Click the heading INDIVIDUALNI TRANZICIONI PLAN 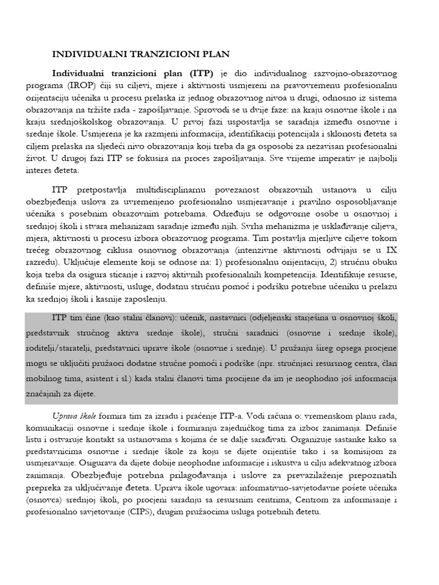pos(141,54)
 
